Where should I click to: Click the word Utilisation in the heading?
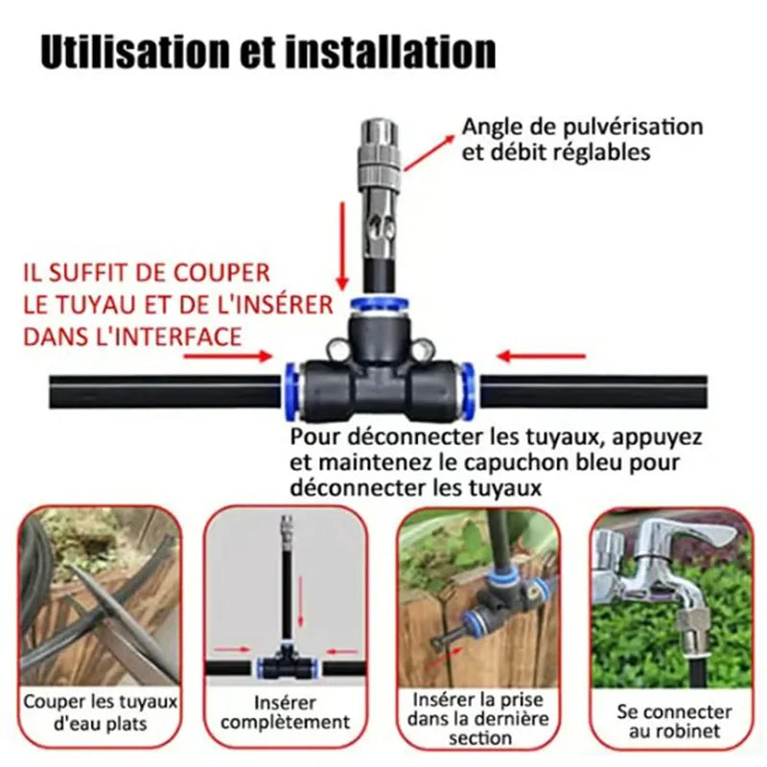(x=135, y=51)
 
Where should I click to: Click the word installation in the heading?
(x=390, y=51)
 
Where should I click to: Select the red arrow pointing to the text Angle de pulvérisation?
(x=429, y=152)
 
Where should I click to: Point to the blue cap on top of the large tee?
(x=380, y=304)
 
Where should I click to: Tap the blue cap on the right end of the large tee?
(x=467, y=390)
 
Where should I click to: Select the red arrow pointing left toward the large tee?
(x=541, y=356)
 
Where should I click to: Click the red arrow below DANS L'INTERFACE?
(x=228, y=356)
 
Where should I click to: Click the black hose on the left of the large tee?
(x=165, y=391)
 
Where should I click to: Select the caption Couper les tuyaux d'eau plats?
(x=101, y=712)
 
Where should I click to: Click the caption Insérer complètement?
(x=285, y=712)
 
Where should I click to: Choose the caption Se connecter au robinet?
(x=674, y=722)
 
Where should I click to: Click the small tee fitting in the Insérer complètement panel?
(x=287, y=662)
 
